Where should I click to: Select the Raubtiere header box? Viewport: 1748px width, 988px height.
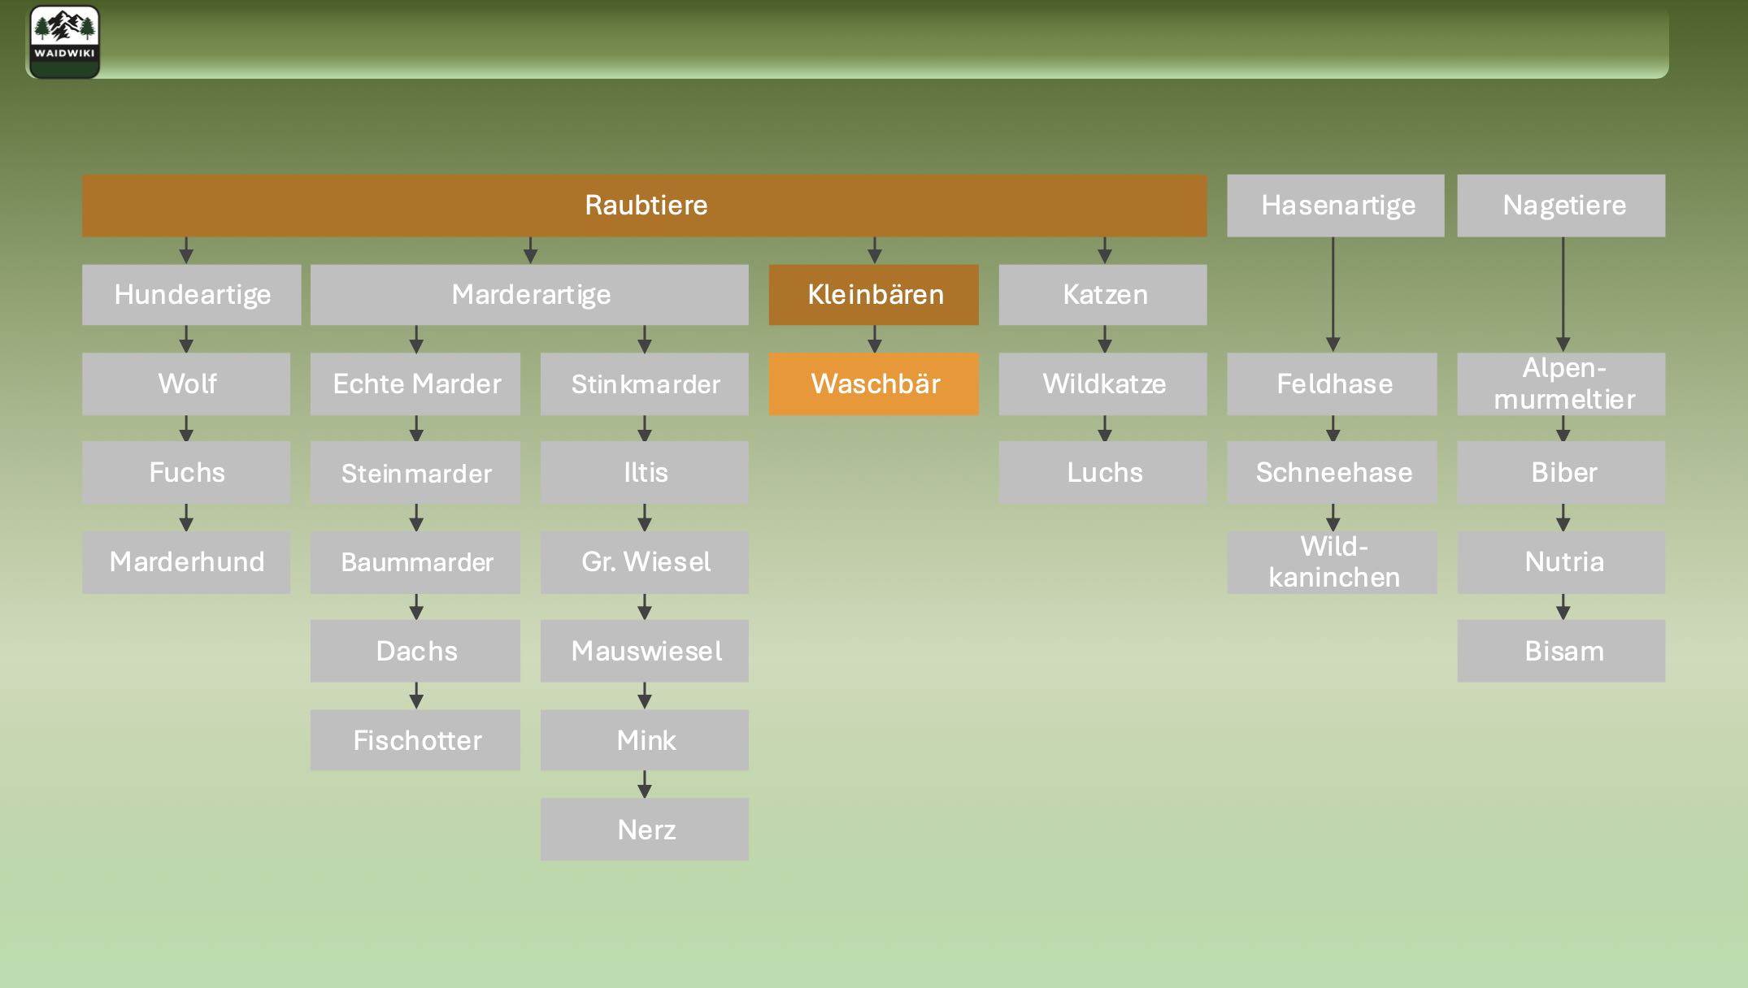(645, 206)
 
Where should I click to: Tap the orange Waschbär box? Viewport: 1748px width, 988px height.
(874, 383)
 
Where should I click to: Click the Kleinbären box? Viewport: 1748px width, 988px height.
(874, 295)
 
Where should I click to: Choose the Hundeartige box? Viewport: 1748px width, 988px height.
(191, 295)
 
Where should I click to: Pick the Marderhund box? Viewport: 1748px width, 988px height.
(186, 562)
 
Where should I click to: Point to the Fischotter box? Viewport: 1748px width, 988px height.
(415, 740)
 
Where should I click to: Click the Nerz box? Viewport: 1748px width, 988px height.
(645, 830)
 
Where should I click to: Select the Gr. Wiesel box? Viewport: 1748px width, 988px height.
(645, 562)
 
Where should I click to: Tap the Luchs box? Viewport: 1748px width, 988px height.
(1103, 473)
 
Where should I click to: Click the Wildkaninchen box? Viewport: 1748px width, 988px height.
(1333, 562)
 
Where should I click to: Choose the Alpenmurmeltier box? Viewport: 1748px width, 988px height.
(1562, 383)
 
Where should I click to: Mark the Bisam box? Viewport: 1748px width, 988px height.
(1562, 651)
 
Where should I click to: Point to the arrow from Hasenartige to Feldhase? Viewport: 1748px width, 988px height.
(1333, 294)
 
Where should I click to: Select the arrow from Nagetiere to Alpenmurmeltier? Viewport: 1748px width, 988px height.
(1563, 294)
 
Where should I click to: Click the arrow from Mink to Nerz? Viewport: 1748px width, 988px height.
(645, 784)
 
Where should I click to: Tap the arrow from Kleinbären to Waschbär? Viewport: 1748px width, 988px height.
(875, 339)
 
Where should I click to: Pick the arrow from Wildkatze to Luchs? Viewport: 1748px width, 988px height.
(1104, 428)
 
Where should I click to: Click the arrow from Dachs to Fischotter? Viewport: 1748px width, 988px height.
(416, 695)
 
